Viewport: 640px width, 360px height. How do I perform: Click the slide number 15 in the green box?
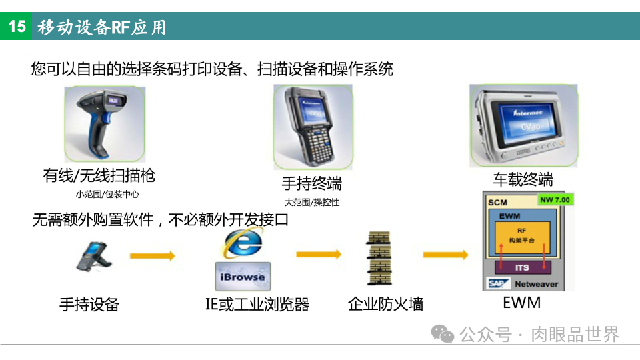tap(16, 27)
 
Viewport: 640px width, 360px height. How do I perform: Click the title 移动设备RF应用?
tap(102, 27)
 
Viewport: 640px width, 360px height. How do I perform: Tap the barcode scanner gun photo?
tap(105, 124)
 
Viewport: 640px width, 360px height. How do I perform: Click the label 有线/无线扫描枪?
tap(99, 175)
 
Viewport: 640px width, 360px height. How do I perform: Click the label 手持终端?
tap(311, 183)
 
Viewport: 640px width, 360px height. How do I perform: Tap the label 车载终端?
tap(523, 179)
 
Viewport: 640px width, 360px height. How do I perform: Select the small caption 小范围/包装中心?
tap(107, 195)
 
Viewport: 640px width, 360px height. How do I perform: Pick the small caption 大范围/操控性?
tap(311, 202)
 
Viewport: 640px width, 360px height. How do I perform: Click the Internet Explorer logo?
tap(242, 244)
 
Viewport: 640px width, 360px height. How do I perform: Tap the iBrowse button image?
tap(242, 276)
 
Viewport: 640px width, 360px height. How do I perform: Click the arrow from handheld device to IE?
tap(152, 255)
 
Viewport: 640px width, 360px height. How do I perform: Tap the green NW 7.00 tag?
tap(555, 199)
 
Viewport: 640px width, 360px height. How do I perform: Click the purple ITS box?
tap(522, 267)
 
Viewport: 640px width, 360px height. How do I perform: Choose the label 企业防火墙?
tap(385, 305)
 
